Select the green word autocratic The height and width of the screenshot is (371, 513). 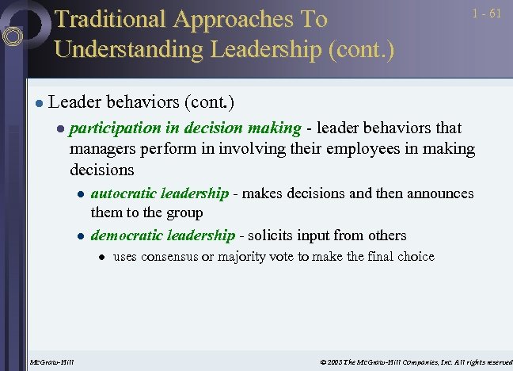pyautogui.click(x=124, y=193)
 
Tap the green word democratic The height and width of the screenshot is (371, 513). pyautogui.click(x=127, y=235)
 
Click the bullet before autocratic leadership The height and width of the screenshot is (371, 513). pyautogui.click(x=80, y=194)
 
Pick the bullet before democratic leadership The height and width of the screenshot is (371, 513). pyautogui.click(x=80, y=236)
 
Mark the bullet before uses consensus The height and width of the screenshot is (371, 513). pyautogui.click(x=101, y=257)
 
